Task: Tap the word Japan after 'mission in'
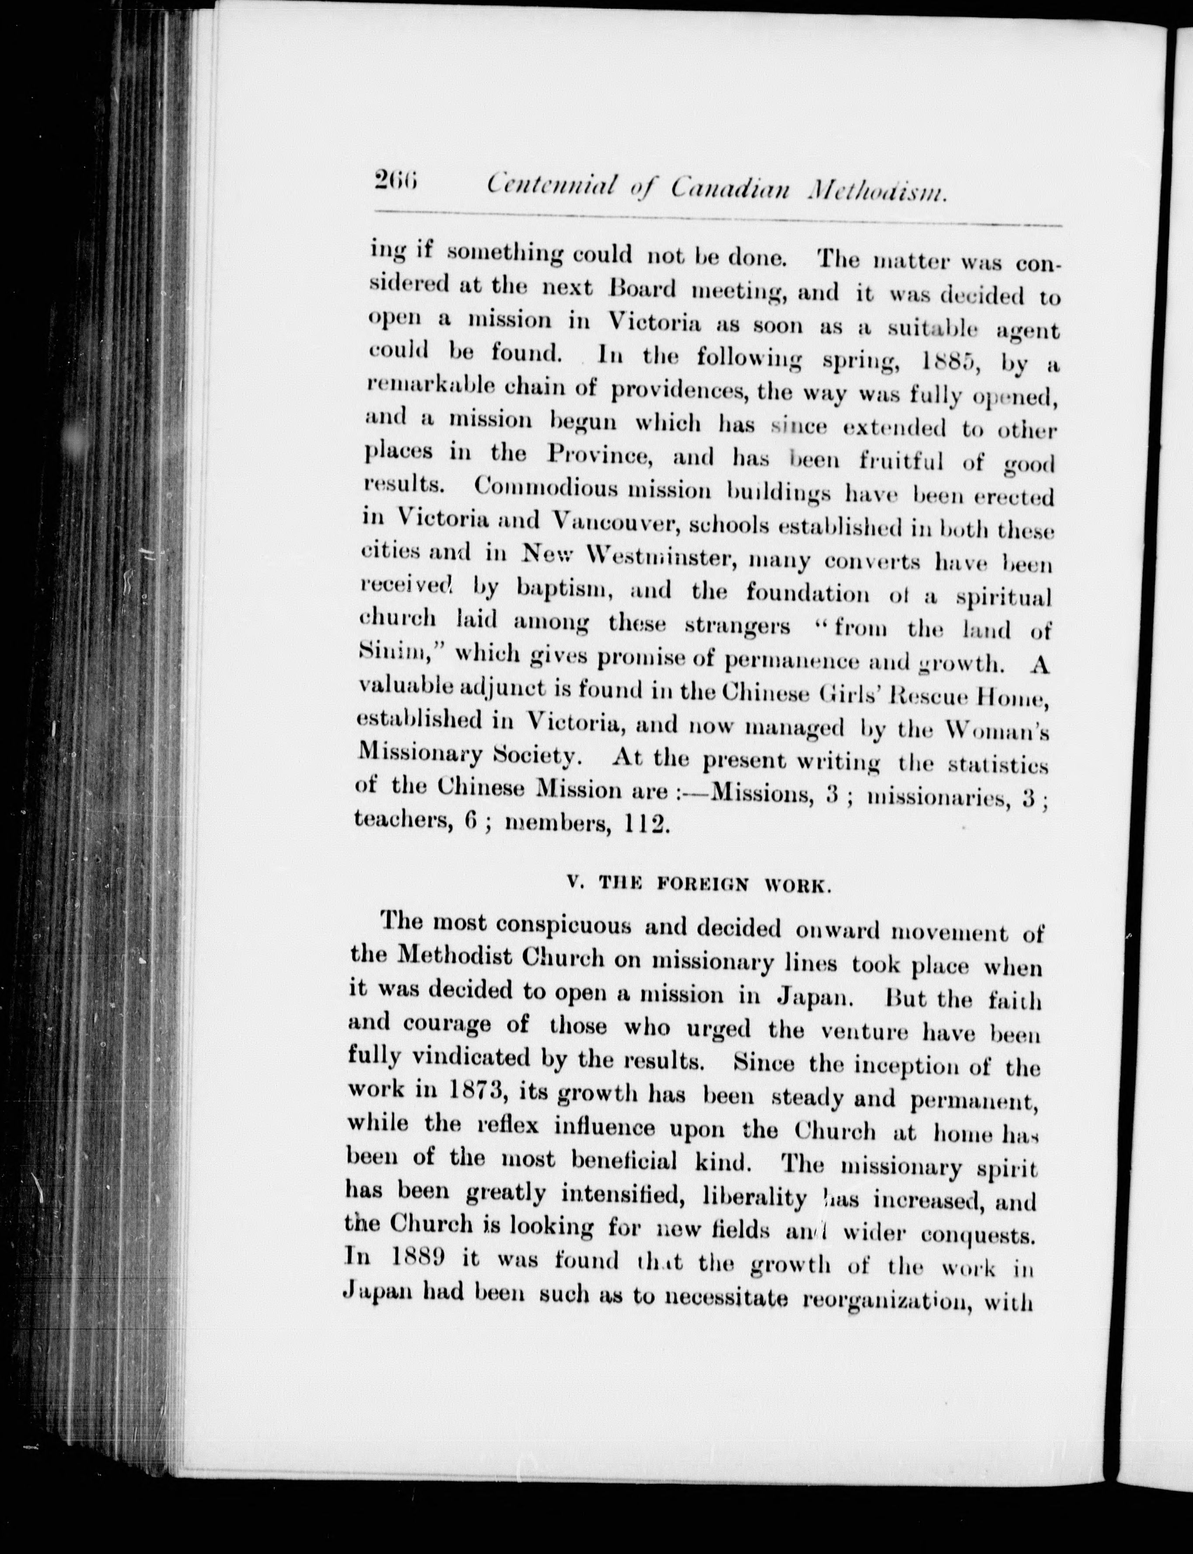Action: (811, 997)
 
